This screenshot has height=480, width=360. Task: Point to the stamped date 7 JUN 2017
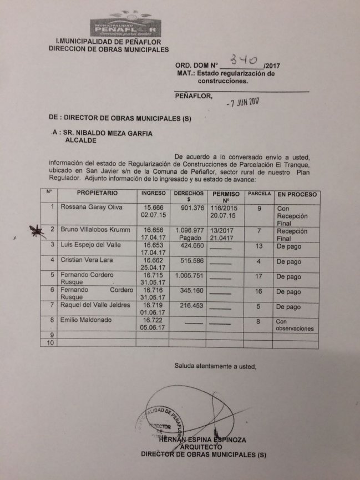[245, 102]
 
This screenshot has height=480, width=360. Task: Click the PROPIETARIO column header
[97, 194]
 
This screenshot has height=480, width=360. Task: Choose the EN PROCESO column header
[297, 194]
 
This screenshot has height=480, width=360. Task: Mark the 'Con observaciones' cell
[297, 325]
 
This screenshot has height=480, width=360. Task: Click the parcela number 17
[258, 276]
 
